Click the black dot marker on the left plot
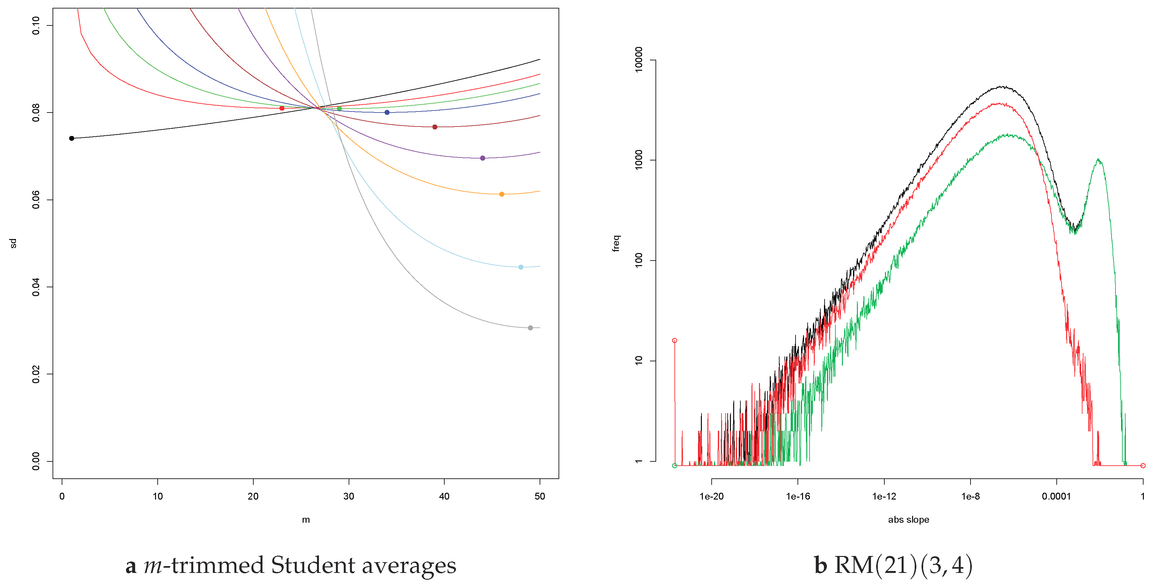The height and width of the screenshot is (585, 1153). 71,138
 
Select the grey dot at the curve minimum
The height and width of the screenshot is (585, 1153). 530,328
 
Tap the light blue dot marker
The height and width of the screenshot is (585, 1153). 521,267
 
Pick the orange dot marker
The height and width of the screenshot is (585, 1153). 502,194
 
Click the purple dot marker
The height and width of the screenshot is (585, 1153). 482,158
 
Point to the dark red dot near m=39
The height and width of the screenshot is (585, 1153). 434,127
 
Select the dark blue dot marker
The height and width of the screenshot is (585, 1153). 387,112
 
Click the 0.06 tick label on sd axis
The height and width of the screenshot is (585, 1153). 36,200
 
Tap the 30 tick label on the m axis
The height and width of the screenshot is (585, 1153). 349,496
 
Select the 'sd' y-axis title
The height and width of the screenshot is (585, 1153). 13,243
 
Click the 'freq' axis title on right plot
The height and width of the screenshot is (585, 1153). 616,243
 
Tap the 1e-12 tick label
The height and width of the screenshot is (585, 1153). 884,496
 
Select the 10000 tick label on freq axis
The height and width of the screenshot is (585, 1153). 639,59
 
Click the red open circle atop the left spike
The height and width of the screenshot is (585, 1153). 674,340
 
